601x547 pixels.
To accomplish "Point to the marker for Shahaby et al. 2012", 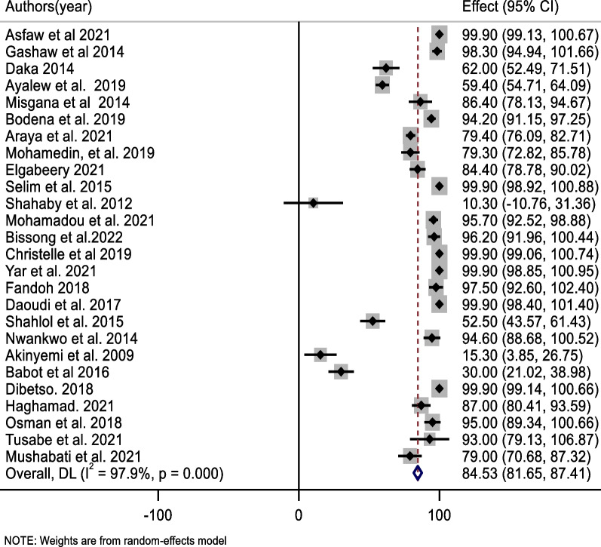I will coord(313,203).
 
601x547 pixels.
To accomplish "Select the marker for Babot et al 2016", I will coord(341,372).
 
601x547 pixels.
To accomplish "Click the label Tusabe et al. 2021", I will coord(54,439).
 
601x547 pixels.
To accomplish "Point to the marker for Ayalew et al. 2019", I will coord(382,85).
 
